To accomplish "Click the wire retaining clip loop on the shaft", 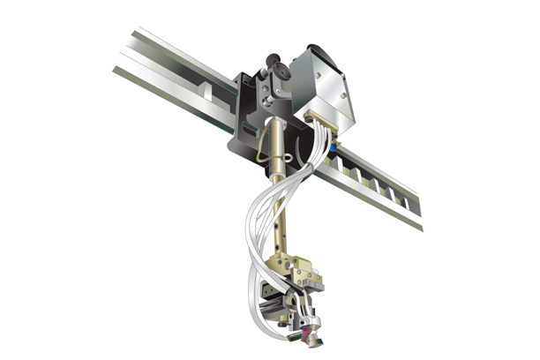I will pos(265,150).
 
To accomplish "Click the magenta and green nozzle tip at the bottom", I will pos(310,333).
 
